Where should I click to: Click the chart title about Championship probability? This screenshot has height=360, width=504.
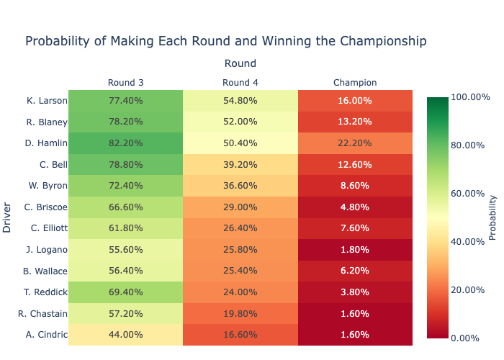pyautogui.click(x=226, y=41)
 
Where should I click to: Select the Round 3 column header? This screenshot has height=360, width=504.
pyautogui.click(x=126, y=82)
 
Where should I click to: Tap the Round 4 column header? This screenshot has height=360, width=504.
pyautogui.click(x=240, y=82)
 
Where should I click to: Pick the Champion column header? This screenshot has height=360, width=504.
pyautogui.click(x=355, y=82)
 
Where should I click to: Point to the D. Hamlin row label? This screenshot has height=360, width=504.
pyautogui.click(x=46, y=143)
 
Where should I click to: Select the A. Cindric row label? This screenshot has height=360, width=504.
pyautogui.click(x=47, y=335)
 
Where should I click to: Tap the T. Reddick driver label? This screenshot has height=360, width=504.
pyautogui.click(x=47, y=292)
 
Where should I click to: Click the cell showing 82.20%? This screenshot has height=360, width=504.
pyautogui.click(x=126, y=143)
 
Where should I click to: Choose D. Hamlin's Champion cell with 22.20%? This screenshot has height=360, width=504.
pyautogui.click(x=355, y=143)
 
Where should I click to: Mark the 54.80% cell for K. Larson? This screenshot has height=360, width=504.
pyautogui.click(x=240, y=101)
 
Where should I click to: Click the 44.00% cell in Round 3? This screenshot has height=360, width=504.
pyautogui.click(x=126, y=335)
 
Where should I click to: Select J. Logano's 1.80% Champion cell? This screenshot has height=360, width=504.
pyautogui.click(x=355, y=250)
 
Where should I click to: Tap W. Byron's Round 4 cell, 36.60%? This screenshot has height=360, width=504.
pyautogui.click(x=240, y=186)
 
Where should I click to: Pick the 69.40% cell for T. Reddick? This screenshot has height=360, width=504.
pyautogui.click(x=126, y=292)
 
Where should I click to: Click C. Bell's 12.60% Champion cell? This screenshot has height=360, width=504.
pyautogui.click(x=355, y=165)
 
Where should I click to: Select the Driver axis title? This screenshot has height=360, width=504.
pyautogui.click(x=7, y=217)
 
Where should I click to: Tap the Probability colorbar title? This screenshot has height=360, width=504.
pyautogui.click(x=493, y=217)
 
